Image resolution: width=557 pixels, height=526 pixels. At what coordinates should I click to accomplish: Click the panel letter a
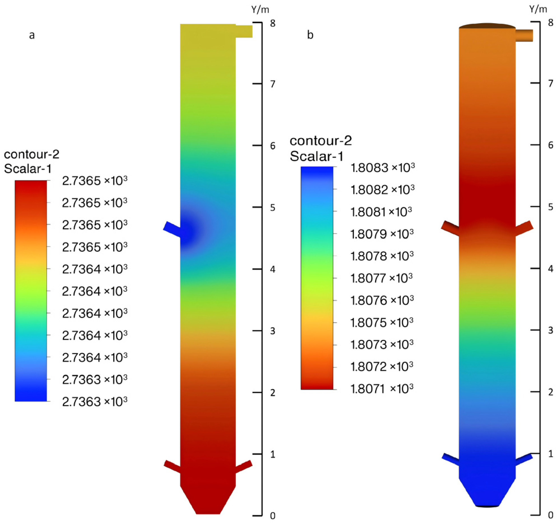(32, 35)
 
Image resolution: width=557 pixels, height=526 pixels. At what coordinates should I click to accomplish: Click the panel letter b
(310, 35)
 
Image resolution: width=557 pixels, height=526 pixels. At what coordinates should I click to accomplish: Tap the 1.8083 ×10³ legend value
(382, 168)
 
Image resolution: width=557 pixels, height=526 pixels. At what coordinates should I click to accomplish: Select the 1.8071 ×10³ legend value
(382, 388)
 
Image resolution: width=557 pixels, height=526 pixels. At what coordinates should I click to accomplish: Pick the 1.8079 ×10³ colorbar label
(382, 234)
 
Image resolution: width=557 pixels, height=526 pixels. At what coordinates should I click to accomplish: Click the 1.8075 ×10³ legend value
(382, 323)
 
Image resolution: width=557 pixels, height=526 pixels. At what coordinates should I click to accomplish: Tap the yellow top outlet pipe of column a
(244, 31)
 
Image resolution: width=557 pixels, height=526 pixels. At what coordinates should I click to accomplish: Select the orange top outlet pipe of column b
(524, 35)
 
